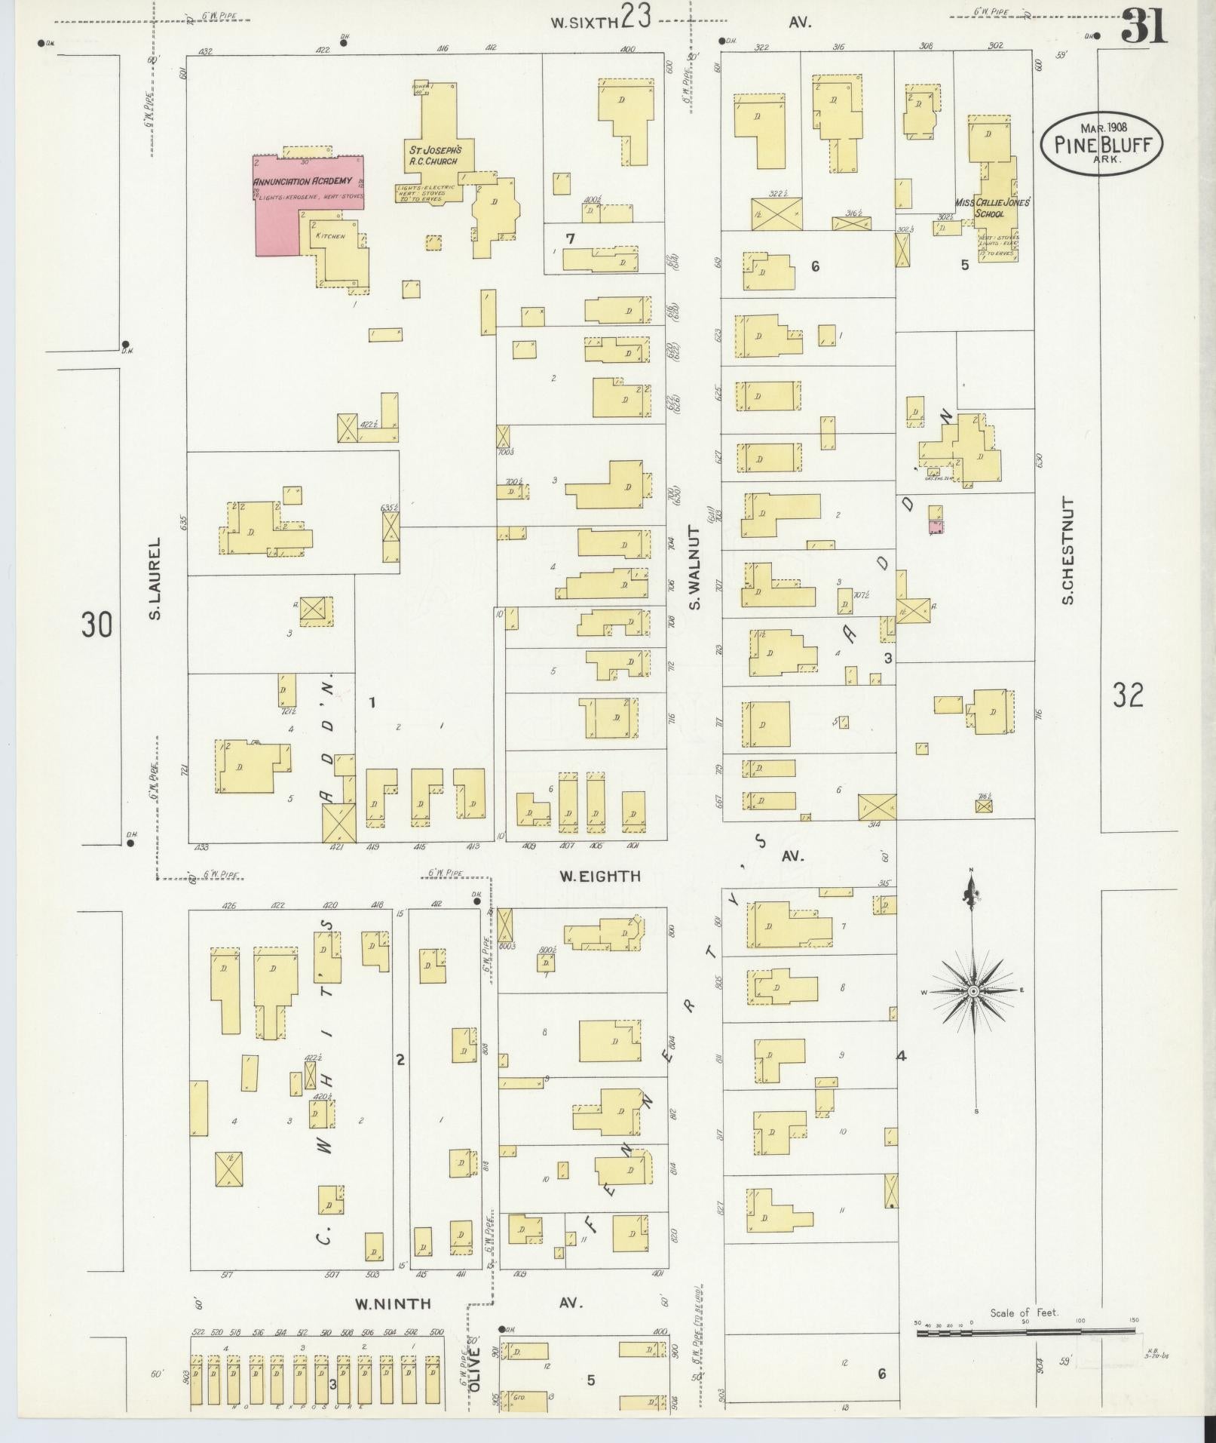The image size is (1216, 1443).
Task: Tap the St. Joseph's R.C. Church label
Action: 431,155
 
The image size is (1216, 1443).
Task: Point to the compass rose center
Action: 973,990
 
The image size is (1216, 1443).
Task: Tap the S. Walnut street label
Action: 694,568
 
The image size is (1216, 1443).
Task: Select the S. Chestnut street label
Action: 1067,550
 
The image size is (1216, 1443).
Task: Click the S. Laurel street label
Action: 155,578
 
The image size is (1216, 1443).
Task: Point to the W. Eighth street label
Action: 600,876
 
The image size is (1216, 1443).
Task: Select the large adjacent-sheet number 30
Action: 97,625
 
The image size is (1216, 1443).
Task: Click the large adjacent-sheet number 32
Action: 1128,695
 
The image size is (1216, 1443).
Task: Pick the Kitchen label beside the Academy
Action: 330,236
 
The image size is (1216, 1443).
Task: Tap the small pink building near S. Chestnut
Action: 936,527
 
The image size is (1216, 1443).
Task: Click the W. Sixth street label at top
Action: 584,22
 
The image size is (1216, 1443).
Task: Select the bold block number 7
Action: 571,239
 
